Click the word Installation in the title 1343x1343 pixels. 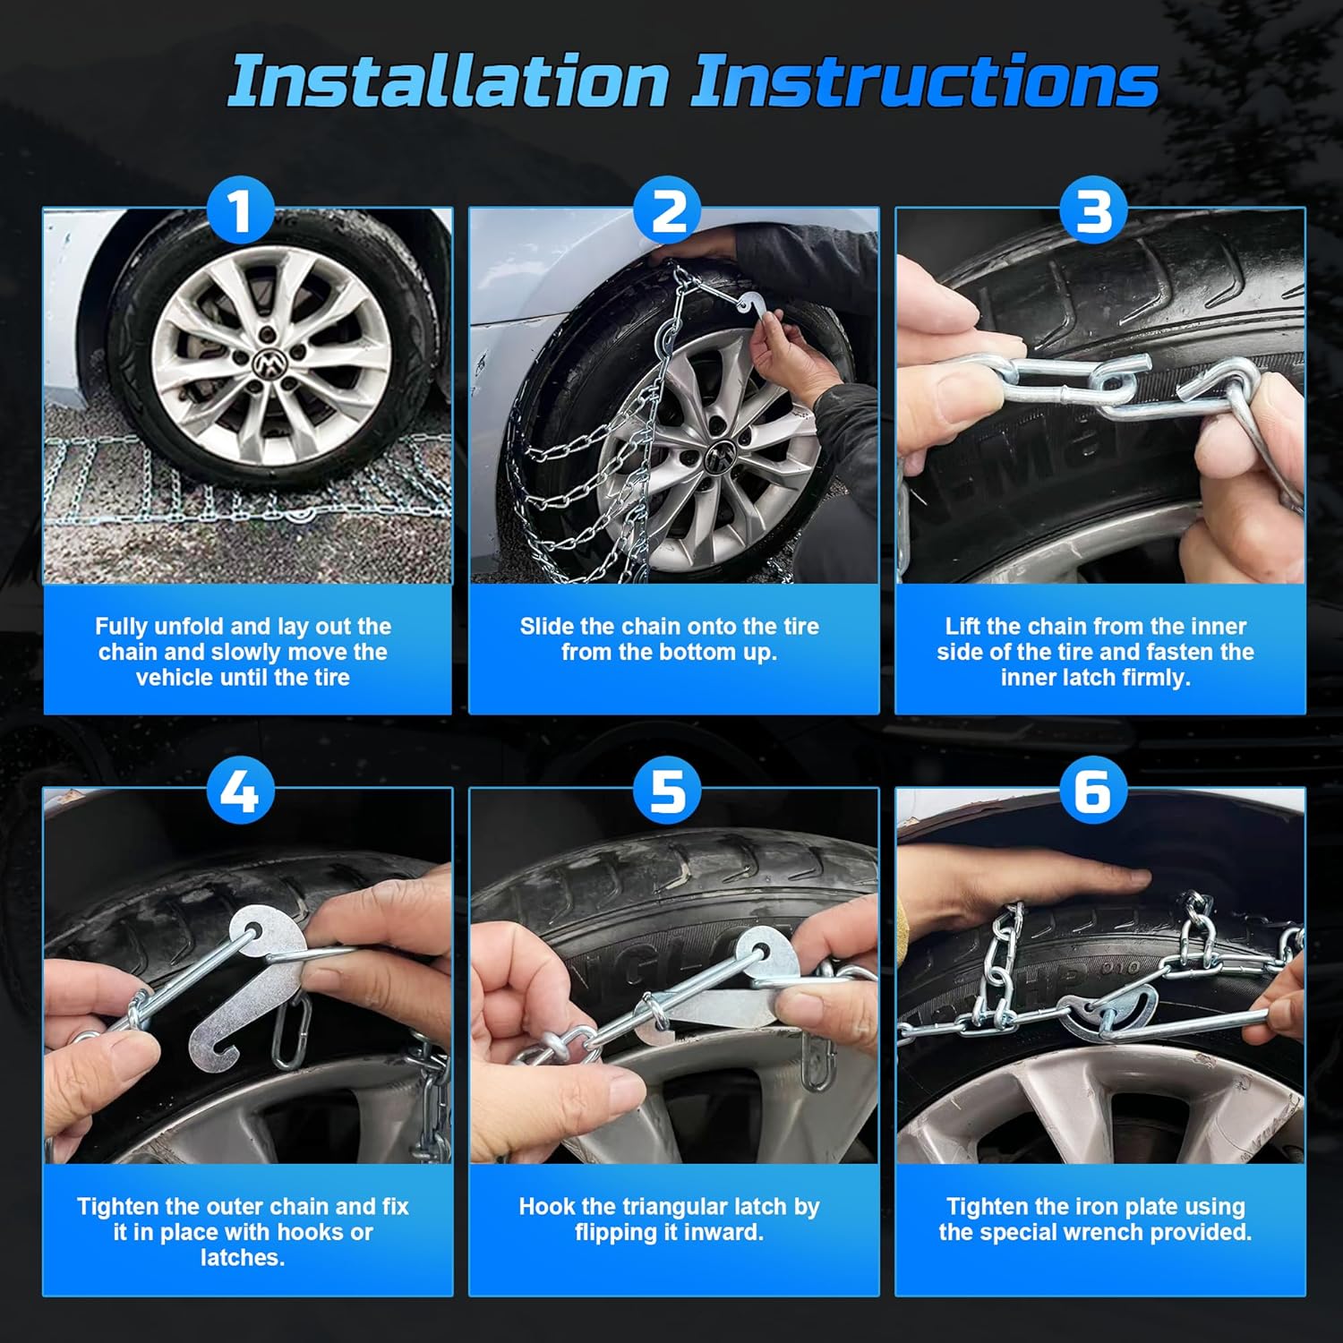(448, 82)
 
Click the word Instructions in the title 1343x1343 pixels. (924, 82)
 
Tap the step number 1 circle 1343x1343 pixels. (240, 211)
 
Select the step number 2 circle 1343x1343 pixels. (668, 211)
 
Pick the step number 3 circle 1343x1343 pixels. (1094, 211)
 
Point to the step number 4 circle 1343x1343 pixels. (240, 791)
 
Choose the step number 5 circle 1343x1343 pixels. (668, 791)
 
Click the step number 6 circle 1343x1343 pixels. (1094, 791)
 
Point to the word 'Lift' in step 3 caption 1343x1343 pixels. (963, 627)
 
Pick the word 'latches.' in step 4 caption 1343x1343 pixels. (243, 1258)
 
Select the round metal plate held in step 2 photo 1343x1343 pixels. (748, 305)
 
